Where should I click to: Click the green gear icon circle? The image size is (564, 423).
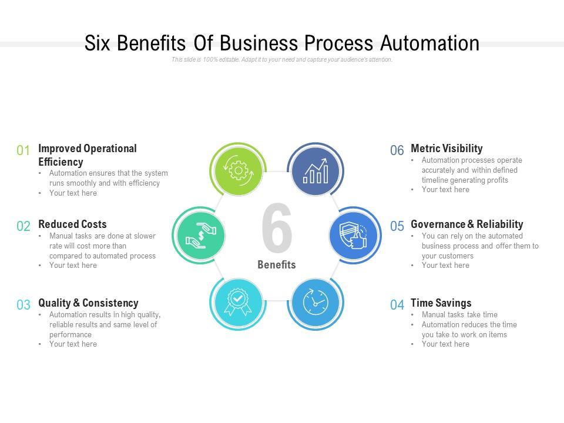(x=238, y=170)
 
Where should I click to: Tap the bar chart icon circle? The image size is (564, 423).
(x=315, y=170)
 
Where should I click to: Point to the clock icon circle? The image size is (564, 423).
(x=315, y=303)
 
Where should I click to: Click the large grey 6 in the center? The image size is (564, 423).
(x=277, y=228)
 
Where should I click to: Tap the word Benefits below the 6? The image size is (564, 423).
(x=277, y=265)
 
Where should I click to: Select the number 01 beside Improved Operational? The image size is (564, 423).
(x=23, y=150)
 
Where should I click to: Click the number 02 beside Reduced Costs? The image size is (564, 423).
(x=23, y=226)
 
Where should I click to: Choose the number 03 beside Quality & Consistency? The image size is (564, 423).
(x=23, y=305)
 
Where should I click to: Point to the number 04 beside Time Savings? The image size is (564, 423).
(x=397, y=305)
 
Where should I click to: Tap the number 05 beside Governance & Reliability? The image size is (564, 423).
(x=397, y=226)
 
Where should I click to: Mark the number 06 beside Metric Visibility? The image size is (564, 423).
(x=397, y=150)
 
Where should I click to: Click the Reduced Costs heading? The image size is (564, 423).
(x=73, y=224)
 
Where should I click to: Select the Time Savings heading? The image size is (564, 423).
(x=441, y=303)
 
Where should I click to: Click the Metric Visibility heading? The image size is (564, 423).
(x=446, y=148)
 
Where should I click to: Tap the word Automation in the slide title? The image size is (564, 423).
(x=430, y=43)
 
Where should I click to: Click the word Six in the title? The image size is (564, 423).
(x=98, y=43)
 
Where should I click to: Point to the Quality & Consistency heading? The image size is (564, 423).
(x=89, y=303)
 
